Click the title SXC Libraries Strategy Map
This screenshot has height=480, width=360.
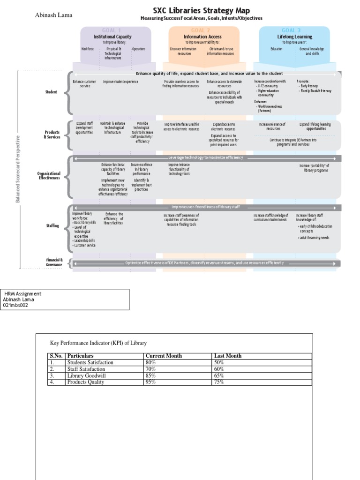(x=202, y=10)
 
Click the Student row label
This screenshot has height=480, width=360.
(x=52, y=92)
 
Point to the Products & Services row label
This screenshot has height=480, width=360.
(x=52, y=135)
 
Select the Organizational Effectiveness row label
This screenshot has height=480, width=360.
(x=49, y=176)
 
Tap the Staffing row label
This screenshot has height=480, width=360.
(x=52, y=226)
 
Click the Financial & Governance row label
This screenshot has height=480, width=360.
(x=54, y=262)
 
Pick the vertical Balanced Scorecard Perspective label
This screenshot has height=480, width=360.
(x=18, y=169)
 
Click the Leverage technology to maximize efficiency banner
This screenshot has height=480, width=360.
(x=205, y=158)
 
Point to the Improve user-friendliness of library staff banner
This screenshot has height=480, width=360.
(x=205, y=207)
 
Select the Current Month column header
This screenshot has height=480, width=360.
(x=164, y=356)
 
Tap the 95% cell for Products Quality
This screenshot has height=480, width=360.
(x=150, y=382)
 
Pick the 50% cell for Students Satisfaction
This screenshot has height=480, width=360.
(x=218, y=362)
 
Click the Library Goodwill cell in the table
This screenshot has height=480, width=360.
(x=86, y=375)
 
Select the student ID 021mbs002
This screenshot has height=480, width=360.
(x=16, y=305)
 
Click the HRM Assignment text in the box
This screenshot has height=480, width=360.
(x=23, y=293)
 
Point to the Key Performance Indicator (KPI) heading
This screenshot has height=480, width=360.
(x=98, y=343)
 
